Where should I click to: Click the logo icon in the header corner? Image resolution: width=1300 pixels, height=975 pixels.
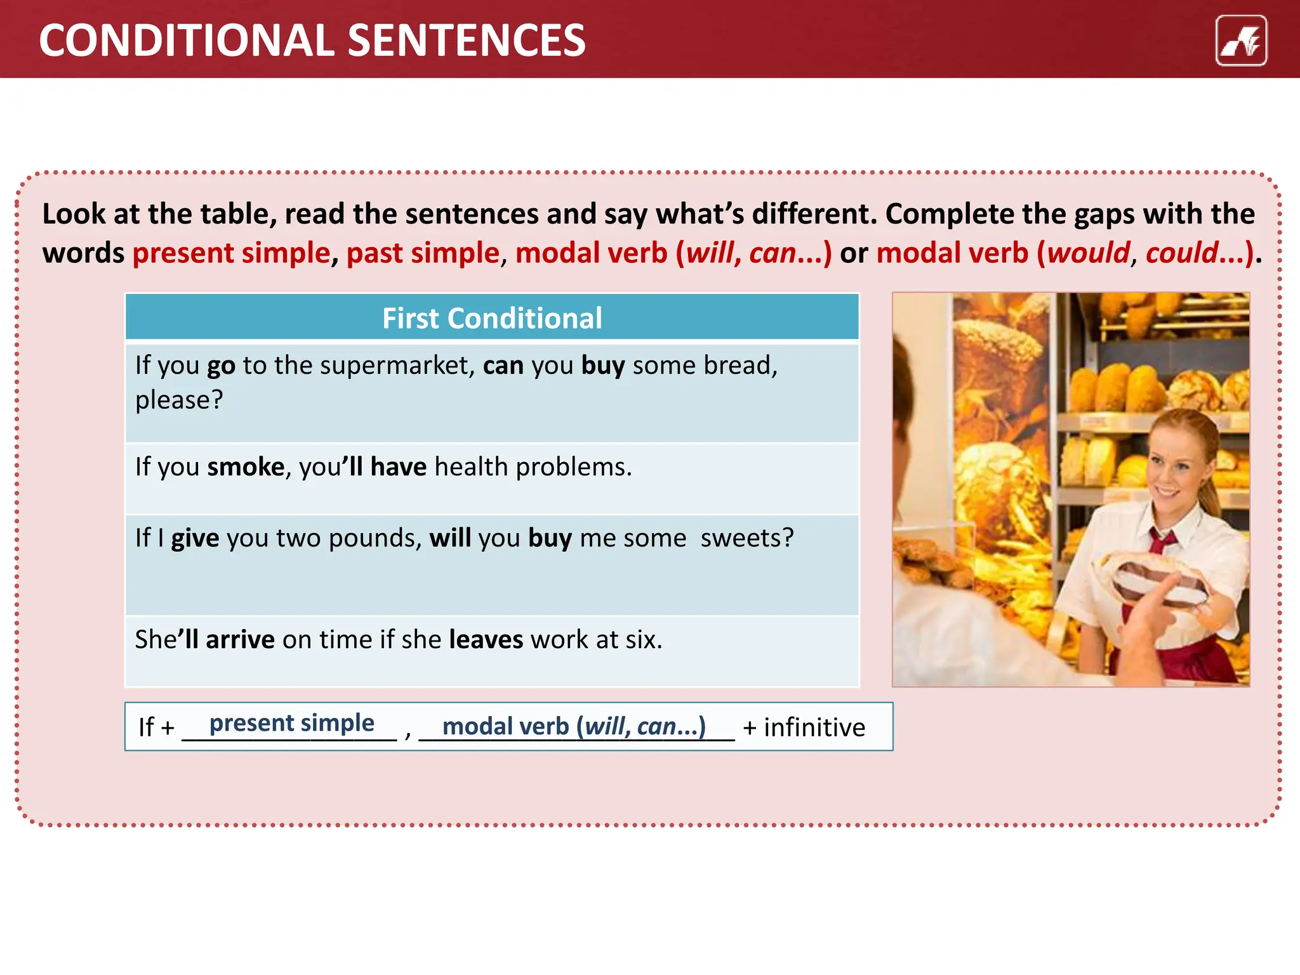click(x=1241, y=41)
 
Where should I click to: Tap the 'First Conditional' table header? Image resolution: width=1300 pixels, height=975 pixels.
click(x=492, y=318)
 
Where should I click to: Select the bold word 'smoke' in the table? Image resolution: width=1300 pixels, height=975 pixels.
click(x=246, y=467)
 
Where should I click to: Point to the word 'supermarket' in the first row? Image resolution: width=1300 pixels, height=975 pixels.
click(x=394, y=366)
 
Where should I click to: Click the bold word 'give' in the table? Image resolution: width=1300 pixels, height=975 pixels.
click(x=195, y=538)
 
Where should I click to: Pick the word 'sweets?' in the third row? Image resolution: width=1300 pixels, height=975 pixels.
click(x=747, y=538)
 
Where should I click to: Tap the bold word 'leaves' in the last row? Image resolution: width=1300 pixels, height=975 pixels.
click(x=486, y=640)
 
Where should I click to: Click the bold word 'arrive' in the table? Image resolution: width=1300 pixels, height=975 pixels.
click(x=240, y=640)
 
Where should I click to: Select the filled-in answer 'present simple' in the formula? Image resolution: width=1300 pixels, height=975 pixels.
click(x=292, y=723)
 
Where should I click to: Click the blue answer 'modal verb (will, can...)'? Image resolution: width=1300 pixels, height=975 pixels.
click(x=574, y=726)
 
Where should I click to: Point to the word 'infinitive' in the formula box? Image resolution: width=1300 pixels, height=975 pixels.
click(x=814, y=727)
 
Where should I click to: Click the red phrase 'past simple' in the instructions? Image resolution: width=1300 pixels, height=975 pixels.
click(x=423, y=253)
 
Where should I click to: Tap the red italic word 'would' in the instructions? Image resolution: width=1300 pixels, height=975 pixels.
click(x=1089, y=253)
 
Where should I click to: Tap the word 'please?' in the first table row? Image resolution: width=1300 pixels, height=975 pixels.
click(x=179, y=401)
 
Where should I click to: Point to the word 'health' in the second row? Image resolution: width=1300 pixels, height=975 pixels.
click(x=471, y=467)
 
